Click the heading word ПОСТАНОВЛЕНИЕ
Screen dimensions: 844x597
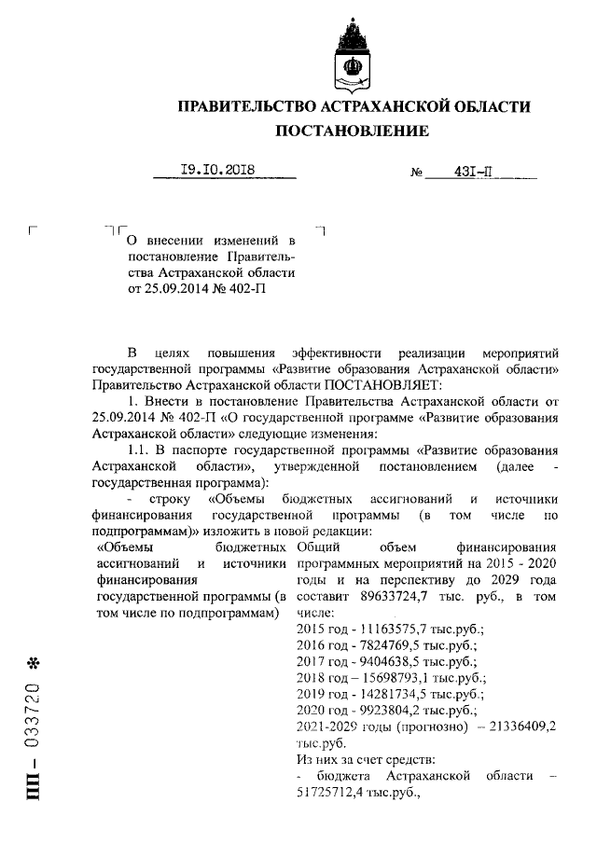(x=354, y=131)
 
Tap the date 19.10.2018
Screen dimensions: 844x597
(x=217, y=170)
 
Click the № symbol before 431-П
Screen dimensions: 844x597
(x=417, y=173)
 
